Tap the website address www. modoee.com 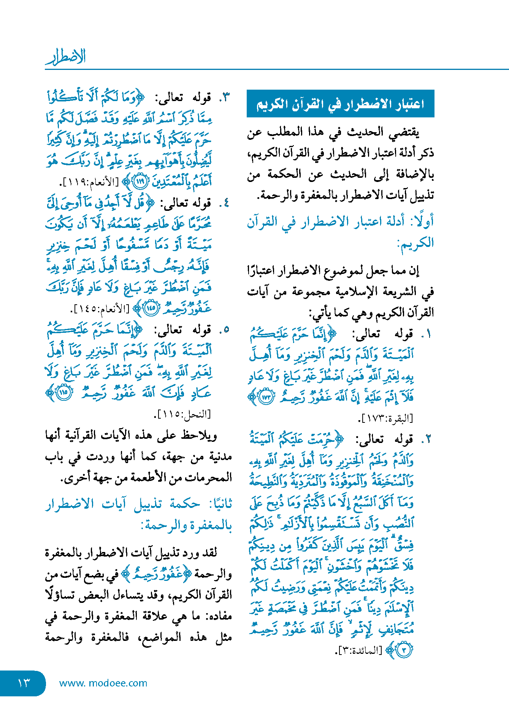click(x=103, y=683)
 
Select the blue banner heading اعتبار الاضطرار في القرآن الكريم click(x=340, y=104)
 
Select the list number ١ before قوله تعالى click(x=428, y=334)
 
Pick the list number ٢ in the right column click(x=428, y=440)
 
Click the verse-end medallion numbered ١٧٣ click(x=266, y=397)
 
